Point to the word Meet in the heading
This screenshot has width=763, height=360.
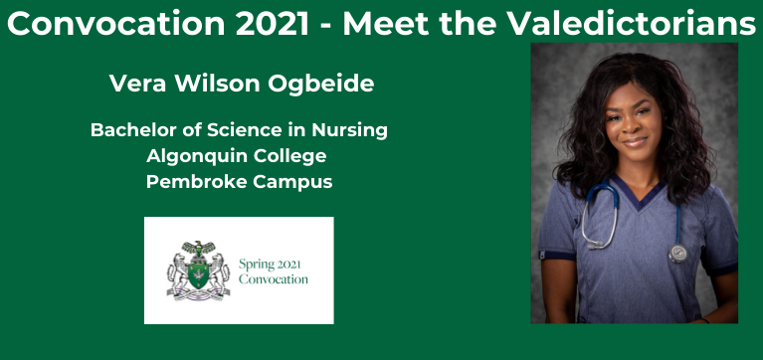[x=387, y=25]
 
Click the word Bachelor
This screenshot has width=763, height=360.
[x=132, y=130]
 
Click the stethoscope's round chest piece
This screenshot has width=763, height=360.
[x=678, y=253]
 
